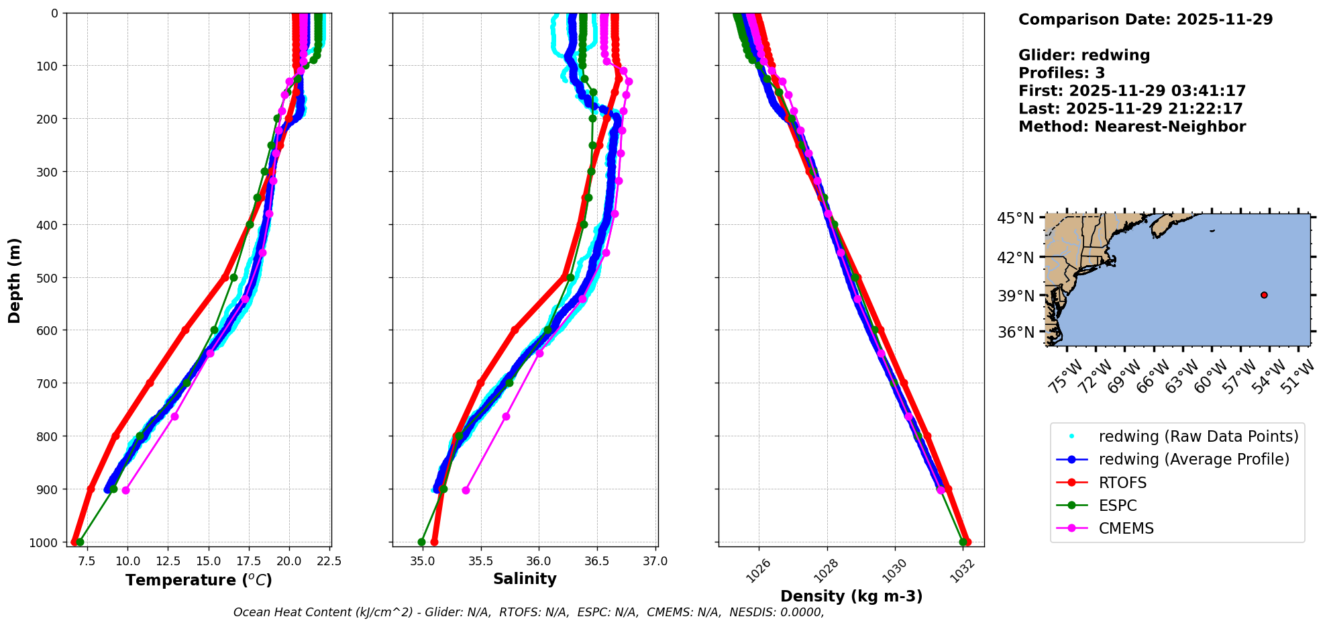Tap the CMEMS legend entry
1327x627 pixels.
pos(1126,528)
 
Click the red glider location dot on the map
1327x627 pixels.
pos(1264,295)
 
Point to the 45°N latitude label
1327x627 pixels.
pos(1015,218)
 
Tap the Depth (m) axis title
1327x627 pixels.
pos(15,280)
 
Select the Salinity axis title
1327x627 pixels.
pos(525,579)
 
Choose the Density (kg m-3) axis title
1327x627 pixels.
pos(851,596)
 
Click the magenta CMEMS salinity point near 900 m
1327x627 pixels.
pos(466,490)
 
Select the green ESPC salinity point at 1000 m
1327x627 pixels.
pos(421,542)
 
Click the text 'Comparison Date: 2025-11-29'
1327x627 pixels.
pos(1145,19)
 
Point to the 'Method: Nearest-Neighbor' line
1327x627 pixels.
pos(1132,126)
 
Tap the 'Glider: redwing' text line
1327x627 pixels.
pos(1084,55)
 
